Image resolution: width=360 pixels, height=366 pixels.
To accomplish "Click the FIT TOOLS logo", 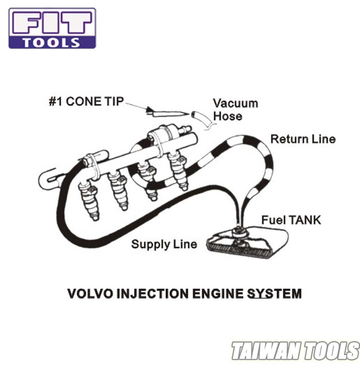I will pyautogui.click(x=52, y=28).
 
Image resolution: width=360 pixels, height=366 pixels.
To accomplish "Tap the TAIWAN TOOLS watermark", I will pyautogui.click(x=295, y=351).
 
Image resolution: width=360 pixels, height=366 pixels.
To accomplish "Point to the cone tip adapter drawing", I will pyautogui.click(x=167, y=113).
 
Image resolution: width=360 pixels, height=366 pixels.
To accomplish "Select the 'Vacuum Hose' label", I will pyautogui.click(x=235, y=110).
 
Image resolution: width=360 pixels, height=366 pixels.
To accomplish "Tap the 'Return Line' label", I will pyautogui.click(x=303, y=139).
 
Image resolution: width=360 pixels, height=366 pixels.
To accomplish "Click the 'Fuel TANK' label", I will pyautogui.click(x=291, y=220).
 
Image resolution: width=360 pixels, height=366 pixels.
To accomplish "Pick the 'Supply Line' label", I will pyautogui.click(x=164, y=244).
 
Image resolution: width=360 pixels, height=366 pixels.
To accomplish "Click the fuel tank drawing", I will pyautogui.click(x=248, y=244).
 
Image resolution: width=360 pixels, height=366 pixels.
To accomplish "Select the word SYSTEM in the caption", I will pyautogui.click(x=274, y=294).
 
